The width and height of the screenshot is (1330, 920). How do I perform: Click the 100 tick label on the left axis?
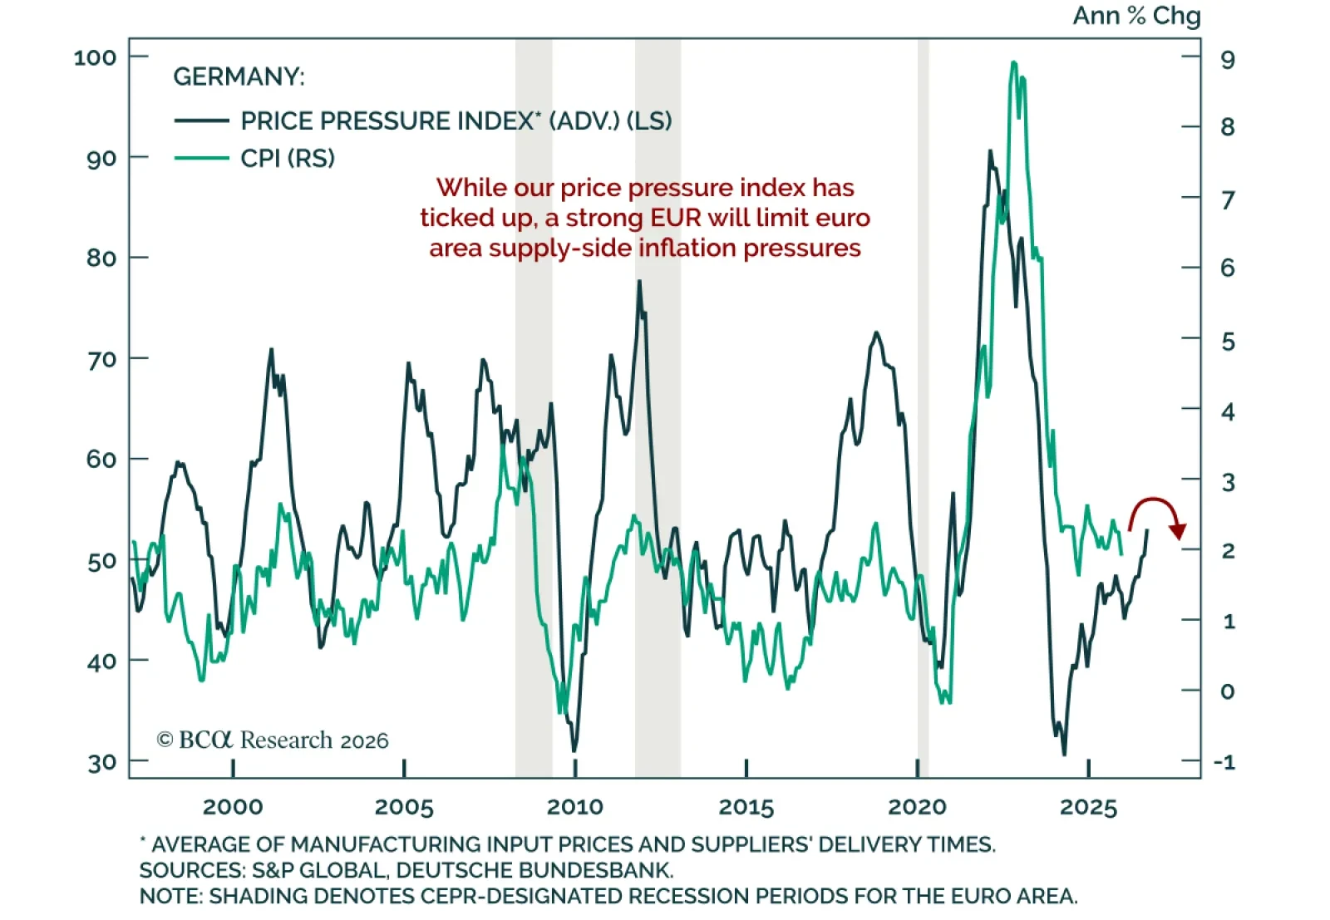click(95, 57)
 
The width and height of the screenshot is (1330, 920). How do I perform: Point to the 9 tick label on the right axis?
click(1227, 60)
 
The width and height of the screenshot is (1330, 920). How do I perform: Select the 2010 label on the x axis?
click(575, 806)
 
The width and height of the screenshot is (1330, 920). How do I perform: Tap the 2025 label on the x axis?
click(1088, 806)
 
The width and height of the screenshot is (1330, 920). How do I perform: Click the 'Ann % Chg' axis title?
click(1136, 16)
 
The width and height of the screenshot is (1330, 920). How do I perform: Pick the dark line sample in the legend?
click(201, 121)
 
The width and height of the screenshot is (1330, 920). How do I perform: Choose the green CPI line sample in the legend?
click(201, 158)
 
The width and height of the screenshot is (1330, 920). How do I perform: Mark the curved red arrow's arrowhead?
click(1178, 531)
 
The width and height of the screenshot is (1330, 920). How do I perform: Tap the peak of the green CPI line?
click(1013, 62)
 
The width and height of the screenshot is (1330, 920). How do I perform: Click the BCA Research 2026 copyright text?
click(273, 740)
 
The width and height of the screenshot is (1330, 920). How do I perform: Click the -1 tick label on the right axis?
click(1224, 762)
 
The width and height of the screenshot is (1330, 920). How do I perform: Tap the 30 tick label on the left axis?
click(101, 763)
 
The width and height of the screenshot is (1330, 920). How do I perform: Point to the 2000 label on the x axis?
click(233, 806)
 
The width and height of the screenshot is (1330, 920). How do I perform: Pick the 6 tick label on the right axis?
click(1227, 268)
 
